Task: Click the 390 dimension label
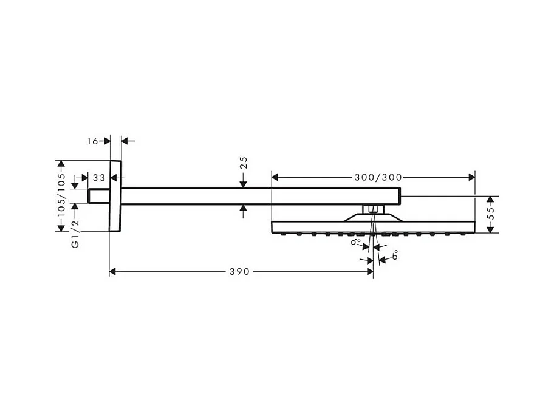click(x=241, y=272)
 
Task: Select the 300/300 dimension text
click(x=378, y=177)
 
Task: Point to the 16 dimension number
click(x=92, y=141)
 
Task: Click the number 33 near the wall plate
click(x=99, y=178)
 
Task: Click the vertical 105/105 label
click(x=60, y=195)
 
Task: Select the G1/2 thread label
click(x=75, y=234)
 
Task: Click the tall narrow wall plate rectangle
click(x=115, y=196)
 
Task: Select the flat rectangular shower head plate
click(x=373, y=226)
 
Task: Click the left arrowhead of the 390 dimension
click(x=113, y=272)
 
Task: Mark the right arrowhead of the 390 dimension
click(x=370, y=272)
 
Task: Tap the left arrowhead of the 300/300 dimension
click(x=275, y=177)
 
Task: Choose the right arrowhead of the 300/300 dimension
click(x=471, y=177)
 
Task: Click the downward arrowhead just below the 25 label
click(x=243, y=183)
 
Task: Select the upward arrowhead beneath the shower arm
click(x=243, y=208)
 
